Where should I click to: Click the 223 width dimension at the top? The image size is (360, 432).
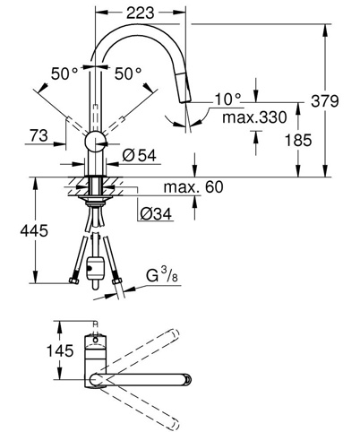tap(141, 13)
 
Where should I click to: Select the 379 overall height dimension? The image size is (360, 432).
tap(325, 100)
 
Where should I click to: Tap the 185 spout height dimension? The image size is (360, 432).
tap(298, 140)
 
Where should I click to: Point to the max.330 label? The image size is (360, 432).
tap(254, 117)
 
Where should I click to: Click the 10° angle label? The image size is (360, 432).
tap(228, 99)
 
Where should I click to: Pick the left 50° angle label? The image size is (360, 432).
tap(64, 73)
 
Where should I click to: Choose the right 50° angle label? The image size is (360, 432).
tap(128, 73)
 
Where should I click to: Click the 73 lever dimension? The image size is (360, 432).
tap(39, 135)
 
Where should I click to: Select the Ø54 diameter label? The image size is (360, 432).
tap(139, 155)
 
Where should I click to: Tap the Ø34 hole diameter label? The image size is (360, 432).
tap(156, 214)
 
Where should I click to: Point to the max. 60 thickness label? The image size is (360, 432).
tap(193, 187)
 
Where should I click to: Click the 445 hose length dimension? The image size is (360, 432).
tap(34, 230)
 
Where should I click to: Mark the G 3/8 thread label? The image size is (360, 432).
tap(162, 275)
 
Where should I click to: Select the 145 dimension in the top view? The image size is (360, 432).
tap(60, 350)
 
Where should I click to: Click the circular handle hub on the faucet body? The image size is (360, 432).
tap(95, 142)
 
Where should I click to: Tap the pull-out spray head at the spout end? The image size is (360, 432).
tap(184, 89)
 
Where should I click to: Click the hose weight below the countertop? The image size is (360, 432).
tap(95, 269)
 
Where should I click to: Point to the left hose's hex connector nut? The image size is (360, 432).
tap(73, 281)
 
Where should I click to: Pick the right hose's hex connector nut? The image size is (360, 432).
tap(116, 281)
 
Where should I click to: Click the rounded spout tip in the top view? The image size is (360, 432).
tap(187, 379)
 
